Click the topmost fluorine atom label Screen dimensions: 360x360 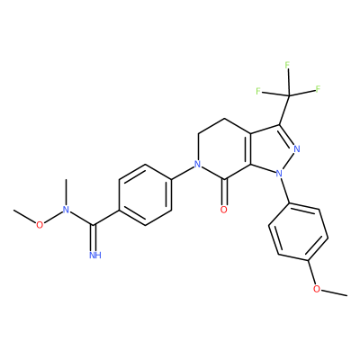pos(287,65)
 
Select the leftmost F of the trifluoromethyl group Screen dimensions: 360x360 pos(258,91)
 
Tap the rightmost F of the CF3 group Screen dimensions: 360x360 pos(318,89)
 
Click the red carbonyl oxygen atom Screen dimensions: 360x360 pos(223,210)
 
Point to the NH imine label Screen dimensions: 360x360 pos(95,256)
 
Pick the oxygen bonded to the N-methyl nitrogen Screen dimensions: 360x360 pos(40,225)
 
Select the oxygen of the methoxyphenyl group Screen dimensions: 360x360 pos(317,289)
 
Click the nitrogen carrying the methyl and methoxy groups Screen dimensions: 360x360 pos(66,210)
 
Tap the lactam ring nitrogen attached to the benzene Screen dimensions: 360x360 pos(197,164)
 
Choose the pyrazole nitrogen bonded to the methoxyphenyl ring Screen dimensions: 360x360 pos(279,173)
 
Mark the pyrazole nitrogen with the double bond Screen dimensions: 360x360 pos(297,148)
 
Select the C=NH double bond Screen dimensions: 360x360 pos(94,238)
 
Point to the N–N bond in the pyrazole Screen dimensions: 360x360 pos(288,161)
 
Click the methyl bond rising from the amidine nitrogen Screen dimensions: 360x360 pos(66,192)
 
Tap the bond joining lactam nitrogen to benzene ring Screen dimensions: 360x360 pos(183,172)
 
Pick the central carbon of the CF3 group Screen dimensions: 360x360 pos(289,95)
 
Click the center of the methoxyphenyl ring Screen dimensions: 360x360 pos(298,232)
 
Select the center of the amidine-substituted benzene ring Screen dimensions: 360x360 pos(146,194)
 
